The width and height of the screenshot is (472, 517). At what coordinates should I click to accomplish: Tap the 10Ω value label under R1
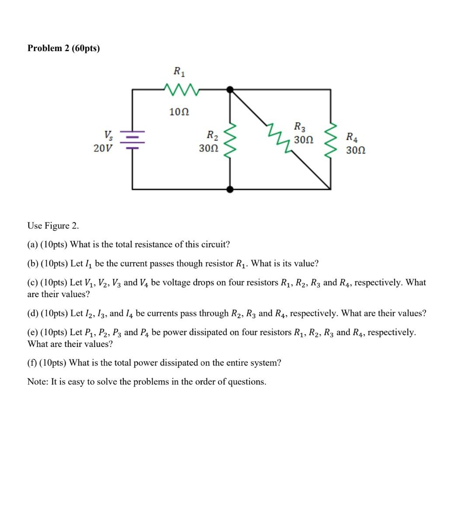(x=179, y=112)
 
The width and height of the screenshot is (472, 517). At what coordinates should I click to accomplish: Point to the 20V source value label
(x=103, y=148)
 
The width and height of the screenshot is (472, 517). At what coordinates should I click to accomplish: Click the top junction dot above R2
(x=230, y=89)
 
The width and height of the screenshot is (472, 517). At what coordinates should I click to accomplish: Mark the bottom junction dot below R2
(x=230, y=189)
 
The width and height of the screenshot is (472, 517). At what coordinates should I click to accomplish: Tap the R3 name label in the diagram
(x=300, y=127)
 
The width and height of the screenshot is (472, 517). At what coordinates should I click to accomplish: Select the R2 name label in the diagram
(x=213, y=135)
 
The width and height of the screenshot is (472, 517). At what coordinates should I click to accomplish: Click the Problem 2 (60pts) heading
(x=63, y=48)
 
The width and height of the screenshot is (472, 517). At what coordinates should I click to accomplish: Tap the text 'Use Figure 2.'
(x=53, y=226)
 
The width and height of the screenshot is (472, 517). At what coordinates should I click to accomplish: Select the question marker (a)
(x=32, y=244)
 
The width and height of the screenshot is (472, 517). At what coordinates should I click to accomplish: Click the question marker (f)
(x=32, y=363)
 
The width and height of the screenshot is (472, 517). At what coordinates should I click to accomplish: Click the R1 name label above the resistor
(x=179, y=71)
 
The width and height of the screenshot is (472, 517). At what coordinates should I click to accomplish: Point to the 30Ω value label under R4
(x=356, y=150)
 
